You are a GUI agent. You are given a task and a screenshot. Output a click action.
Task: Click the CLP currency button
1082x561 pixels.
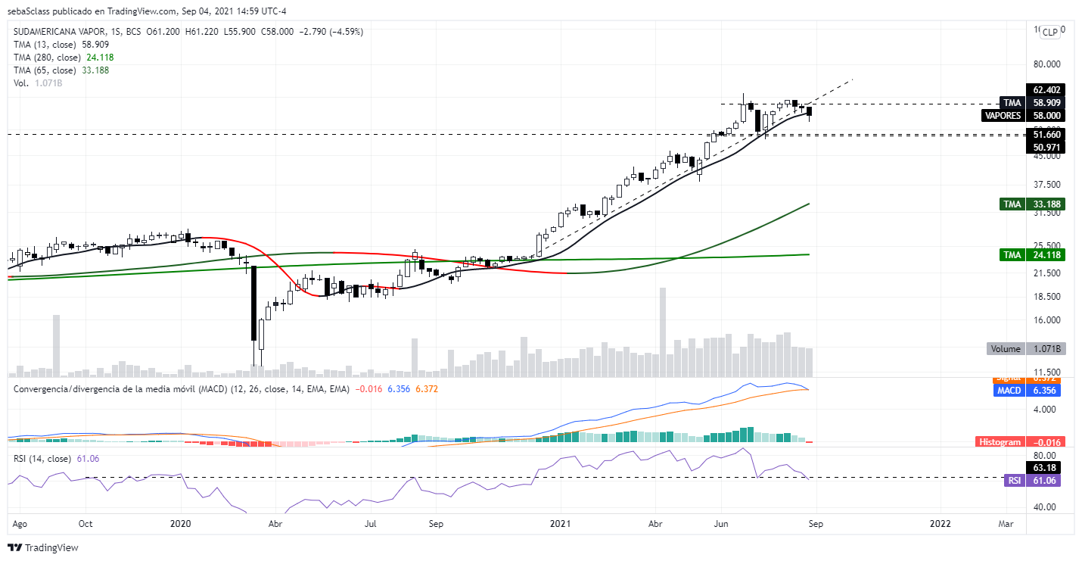tap(1050, 32)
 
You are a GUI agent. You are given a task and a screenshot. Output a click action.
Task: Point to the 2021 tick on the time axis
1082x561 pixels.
tap(561, 523)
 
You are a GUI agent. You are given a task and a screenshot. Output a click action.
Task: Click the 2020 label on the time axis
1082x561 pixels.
tap(181, 523)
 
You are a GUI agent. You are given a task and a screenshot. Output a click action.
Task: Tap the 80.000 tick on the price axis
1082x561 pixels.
tap(1048, 64)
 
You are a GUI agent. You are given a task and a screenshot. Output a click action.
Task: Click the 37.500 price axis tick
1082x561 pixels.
tap(1048, 185)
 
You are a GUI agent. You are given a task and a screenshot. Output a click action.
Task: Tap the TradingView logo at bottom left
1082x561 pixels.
tap(43, 547)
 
